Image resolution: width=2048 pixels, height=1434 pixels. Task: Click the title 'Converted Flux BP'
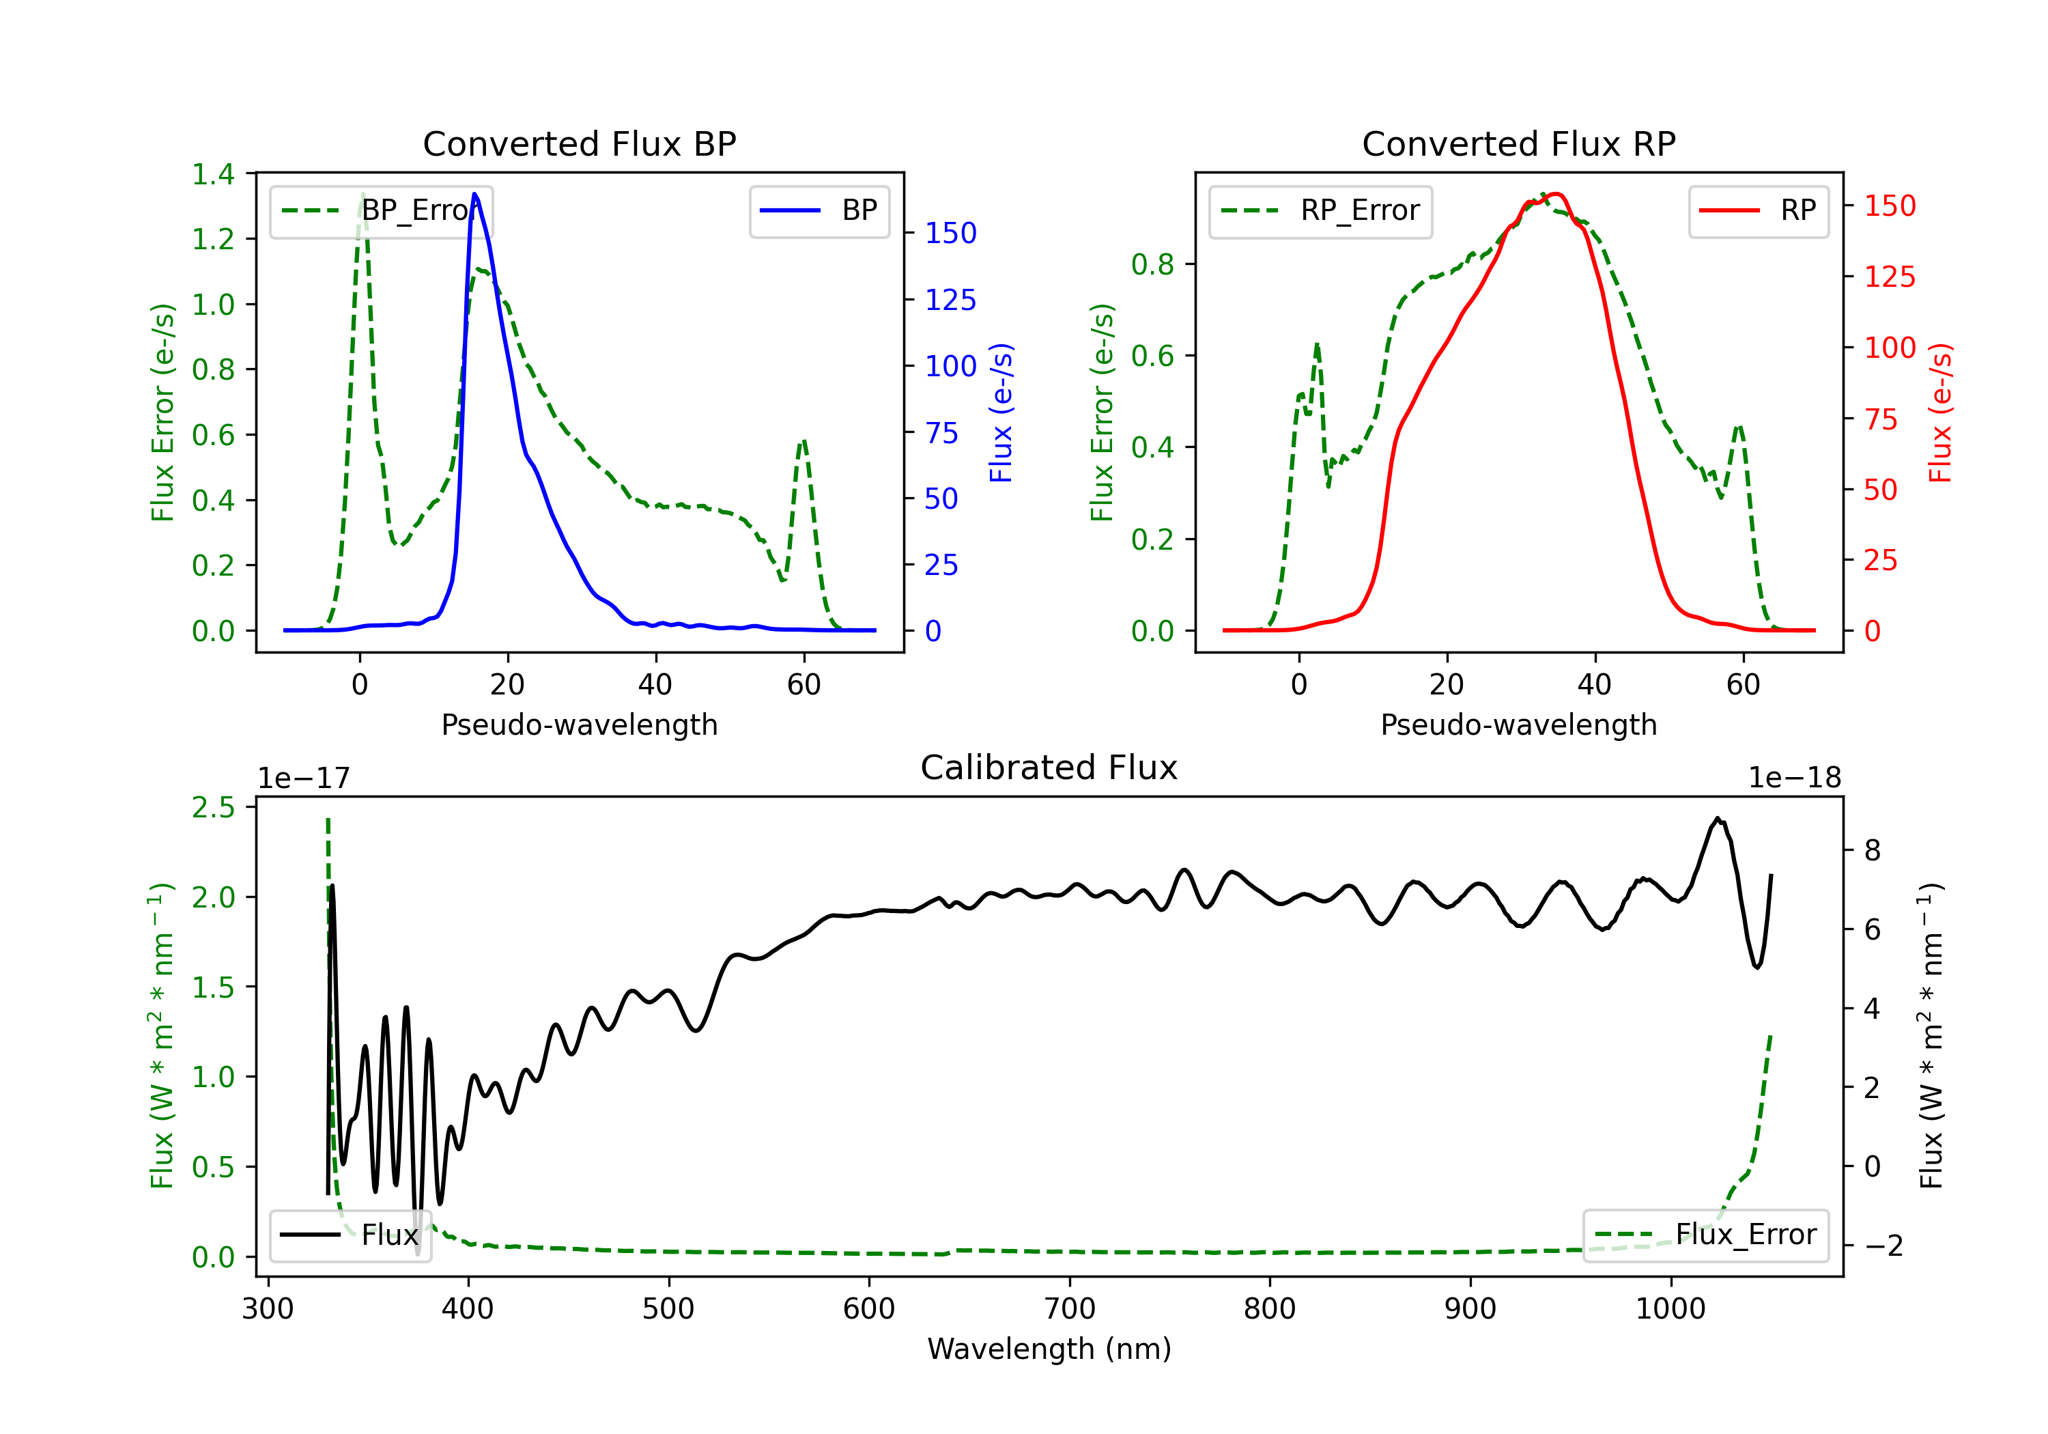[x=579, y=143]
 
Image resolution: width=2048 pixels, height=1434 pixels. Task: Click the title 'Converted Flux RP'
[x=1518, y=143]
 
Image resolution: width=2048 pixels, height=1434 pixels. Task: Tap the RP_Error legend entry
[x=1320, y=210]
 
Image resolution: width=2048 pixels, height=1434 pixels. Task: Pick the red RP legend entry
[x=1758, y=210]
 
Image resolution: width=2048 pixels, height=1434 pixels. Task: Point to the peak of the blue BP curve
[x=474, y=194]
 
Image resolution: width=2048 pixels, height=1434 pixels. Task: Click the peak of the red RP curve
[x=1554, y=194]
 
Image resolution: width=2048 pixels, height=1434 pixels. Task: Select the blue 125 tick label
[x=950, y=300]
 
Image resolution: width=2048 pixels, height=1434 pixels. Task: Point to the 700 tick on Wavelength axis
[x=1070, y=1308]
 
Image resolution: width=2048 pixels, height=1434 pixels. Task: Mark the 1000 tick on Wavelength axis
[x=1670, y=1308]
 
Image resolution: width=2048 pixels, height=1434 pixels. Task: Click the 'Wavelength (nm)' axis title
[x=1049, y=1349]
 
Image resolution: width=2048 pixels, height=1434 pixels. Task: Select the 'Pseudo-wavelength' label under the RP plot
[x=1518, y=725]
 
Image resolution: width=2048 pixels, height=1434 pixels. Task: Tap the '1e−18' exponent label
[x=1794, y=778]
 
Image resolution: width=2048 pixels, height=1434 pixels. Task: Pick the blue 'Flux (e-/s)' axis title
[x=1001, y=412]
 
